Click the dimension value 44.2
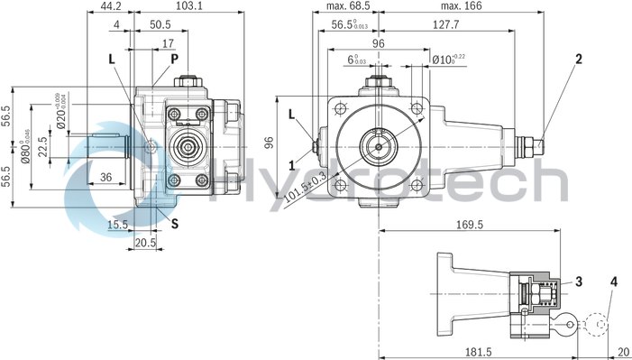pyautogui.click(x=112, y=6)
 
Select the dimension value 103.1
pyautogui.click(x=188, y=6)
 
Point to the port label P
pyautogui.click(x=174, y=59)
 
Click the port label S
pyautogui.click(x=174, y=221)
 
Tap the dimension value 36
pyautogui.click(x=105, y=178)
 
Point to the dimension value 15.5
pyautogui.click(x=116, y=225)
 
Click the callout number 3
pyautogui.click(x=578, y=282)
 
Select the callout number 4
pyautogui.click(x=614, y=282)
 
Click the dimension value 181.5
pyautogui.click(x=493, y=351)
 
